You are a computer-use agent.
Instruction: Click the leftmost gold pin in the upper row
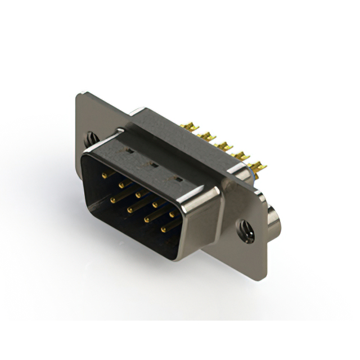tap(105, 175)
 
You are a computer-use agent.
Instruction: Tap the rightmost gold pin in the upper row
tap(172, 214)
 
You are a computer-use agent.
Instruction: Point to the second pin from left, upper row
tap(121, 184)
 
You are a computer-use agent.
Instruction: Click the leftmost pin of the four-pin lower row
tap(113, 199)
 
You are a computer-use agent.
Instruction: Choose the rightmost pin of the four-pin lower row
tap(164, 229)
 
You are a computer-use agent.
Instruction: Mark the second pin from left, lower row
tap(129, 209)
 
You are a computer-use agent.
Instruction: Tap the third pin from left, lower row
tap(147, 219)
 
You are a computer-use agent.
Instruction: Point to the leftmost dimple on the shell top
tap(128, 151)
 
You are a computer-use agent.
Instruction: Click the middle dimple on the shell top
tap(151, 165)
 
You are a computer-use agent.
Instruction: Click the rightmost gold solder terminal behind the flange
tap(258, 166)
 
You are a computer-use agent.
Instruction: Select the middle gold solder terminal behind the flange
tap(225, 147)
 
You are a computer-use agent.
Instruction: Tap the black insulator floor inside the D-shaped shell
tap(135, 225)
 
